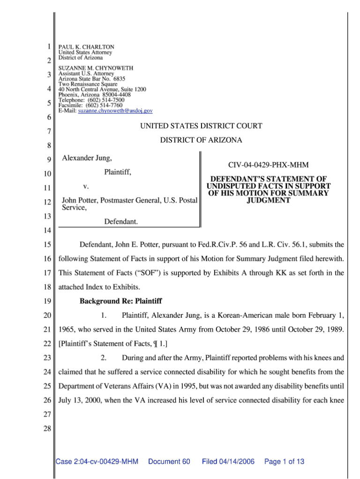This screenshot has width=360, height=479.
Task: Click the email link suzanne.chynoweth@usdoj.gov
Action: click(115, 111)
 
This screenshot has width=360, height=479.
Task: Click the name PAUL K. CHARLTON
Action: click(86, 47)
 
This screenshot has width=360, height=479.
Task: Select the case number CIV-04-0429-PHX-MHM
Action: click(268, 165)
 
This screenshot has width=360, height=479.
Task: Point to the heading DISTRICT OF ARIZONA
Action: click(201, 140)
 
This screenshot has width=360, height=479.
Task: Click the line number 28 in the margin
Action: click(47, 441)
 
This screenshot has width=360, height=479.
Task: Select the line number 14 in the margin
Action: click(47, 231)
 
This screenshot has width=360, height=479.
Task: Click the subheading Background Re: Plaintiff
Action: click(120, 301)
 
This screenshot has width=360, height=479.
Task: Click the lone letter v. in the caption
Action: click(86, 187)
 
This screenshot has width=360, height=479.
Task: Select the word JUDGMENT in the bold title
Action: click(268, 200)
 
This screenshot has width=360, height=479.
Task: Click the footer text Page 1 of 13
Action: click(284, 462)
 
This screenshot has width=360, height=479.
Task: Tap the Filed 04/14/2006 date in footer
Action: click(228, 462)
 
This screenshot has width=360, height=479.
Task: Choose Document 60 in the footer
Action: click(169, 462)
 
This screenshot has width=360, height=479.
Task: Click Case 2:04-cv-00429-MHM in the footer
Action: click(97, 462)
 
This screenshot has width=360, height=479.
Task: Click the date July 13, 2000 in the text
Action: click(80, 401)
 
